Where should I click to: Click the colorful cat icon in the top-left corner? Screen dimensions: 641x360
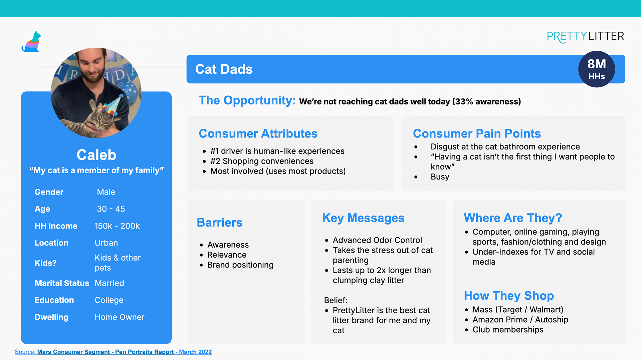31,42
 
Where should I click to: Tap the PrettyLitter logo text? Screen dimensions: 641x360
585,36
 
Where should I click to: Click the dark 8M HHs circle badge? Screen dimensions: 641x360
597,69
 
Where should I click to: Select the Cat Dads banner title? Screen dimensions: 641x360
224,69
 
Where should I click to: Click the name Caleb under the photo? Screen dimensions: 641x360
96,155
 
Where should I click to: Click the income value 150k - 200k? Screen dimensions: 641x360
117,226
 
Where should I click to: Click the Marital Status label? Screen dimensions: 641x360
62,283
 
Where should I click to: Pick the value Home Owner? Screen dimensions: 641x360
120,317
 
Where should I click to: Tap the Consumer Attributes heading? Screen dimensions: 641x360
258,133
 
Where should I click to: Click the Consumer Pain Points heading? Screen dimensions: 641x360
477,133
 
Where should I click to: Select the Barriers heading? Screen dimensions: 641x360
220,223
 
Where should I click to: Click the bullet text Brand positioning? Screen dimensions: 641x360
240,265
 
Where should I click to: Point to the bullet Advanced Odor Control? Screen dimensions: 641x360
377,240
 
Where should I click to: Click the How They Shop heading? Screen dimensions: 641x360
509,296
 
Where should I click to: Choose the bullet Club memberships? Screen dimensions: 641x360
508,330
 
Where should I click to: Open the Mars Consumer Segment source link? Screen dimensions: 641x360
124,352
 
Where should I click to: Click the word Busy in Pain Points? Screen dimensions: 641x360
440,177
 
